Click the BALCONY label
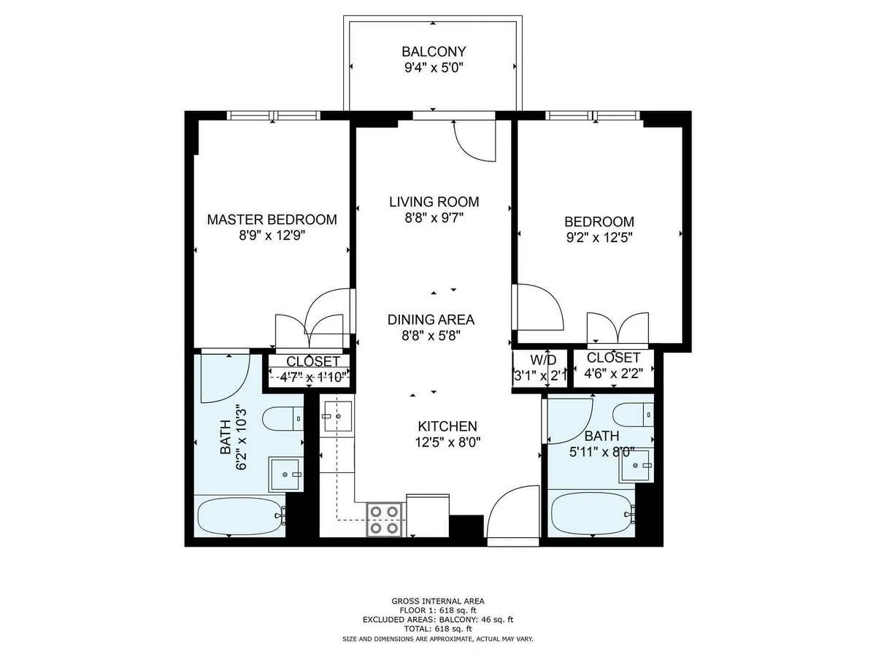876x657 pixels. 434,52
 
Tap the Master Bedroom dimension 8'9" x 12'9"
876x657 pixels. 272,236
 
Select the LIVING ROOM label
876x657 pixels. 434,201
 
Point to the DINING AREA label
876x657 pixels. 431,320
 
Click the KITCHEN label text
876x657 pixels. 447,426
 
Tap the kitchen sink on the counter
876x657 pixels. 337,415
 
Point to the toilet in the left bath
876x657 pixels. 284,420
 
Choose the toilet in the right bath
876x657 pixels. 634,415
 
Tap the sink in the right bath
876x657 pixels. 634,466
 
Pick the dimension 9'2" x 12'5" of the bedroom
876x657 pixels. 599,237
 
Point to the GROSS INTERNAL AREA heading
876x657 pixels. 438,602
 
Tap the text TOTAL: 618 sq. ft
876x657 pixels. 438,629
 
